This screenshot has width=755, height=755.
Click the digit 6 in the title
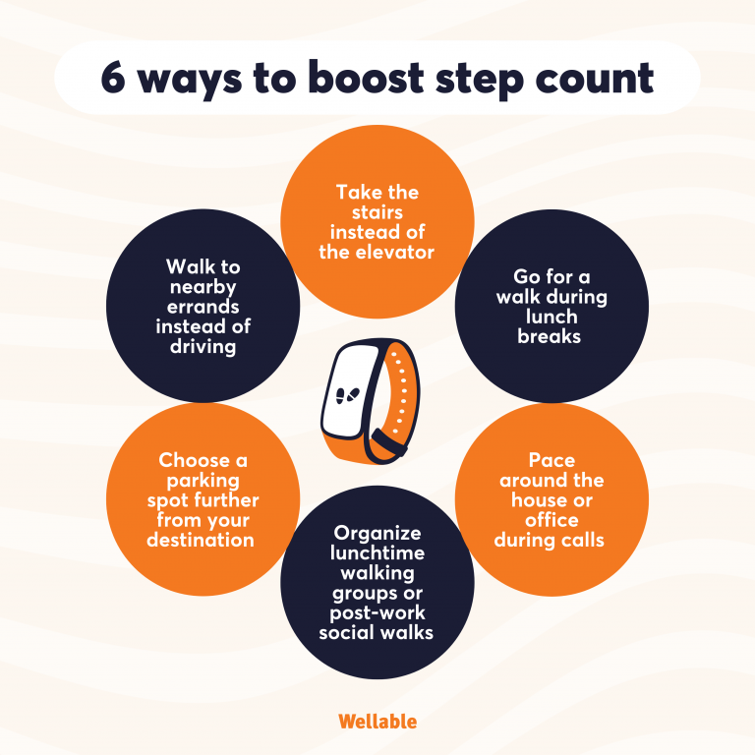coord(114,79)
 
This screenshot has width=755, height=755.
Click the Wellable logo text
coord(377,721)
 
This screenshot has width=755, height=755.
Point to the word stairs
coord(377,212)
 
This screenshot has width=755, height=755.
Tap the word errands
coord(203,307)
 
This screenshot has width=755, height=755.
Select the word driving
coord(203,346)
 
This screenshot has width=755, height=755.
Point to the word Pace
coord(552,460)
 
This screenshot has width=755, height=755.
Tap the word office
coord(552,519)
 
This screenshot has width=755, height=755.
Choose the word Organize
coord(377,533)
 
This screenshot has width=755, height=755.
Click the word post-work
coord(377,611)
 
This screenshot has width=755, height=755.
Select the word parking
coord(203,480)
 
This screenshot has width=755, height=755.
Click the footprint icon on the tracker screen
coord(347,395)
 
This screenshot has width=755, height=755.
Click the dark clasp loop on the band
coord(390,444)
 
